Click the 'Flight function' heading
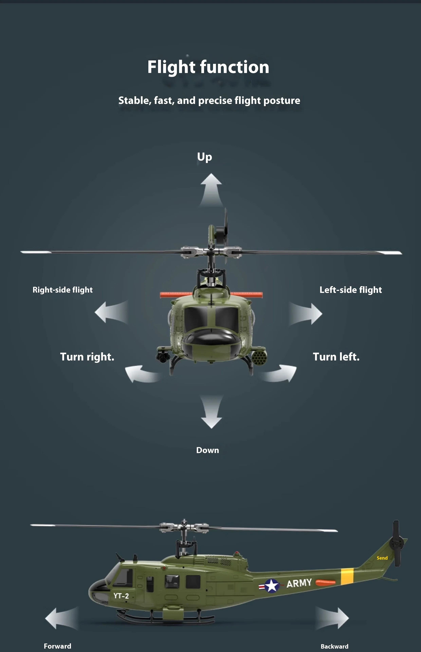click(208, 67)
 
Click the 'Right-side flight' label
click(63, 290)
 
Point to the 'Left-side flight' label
click(351, 290)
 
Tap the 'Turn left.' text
click(336, 357)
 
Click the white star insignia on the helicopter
click(271, 586)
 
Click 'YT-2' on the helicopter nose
click(121, 596)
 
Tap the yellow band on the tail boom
click(347, 576)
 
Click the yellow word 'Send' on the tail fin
click(382, 558)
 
